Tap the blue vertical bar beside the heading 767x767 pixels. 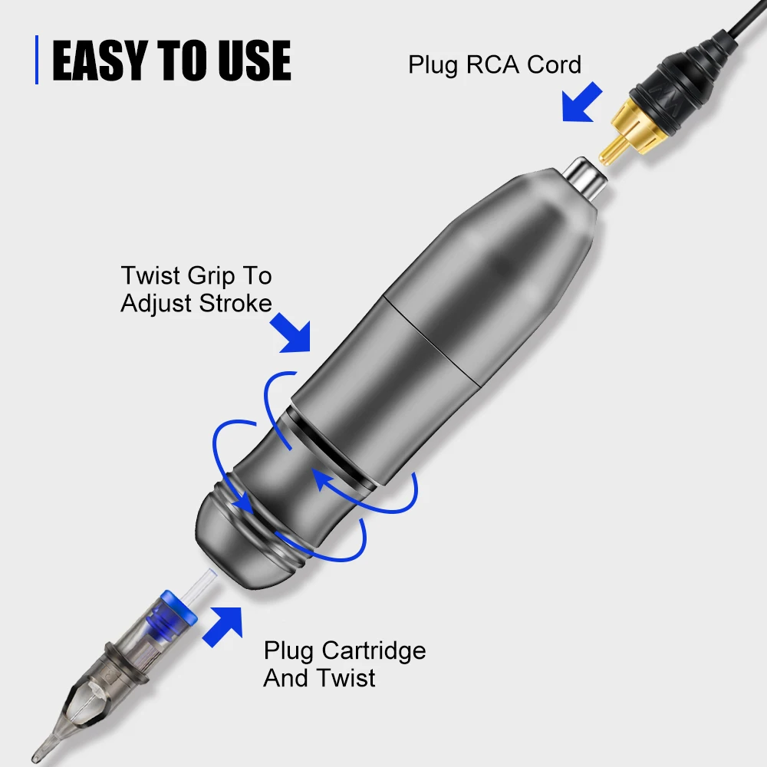coord(36,60)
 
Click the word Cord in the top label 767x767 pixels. coord(554,64)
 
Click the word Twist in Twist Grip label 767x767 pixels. coord(150,275)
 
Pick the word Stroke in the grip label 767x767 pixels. coord(235,303)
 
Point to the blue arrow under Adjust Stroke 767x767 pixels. coord(295,334)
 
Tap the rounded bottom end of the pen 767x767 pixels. coord(230,548)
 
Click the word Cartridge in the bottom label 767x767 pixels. coord(374,651)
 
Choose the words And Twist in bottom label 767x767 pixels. coord(319,678)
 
